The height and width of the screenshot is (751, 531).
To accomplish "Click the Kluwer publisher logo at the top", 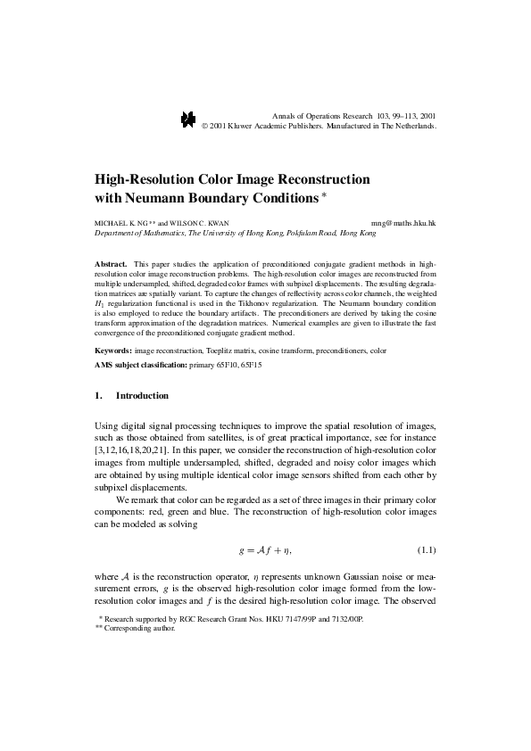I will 188,120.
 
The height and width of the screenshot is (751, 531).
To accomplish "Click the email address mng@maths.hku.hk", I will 402,222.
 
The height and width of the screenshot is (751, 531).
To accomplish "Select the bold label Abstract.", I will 111,265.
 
